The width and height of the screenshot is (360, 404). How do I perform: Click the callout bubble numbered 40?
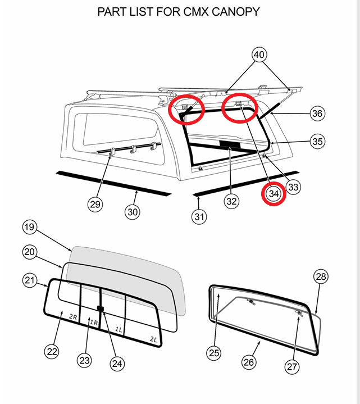pos(259,55)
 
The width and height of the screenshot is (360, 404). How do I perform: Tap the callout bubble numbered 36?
pos(317,113)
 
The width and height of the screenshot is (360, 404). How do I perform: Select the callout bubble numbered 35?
pos(317,142)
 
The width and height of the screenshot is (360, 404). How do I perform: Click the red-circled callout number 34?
pos(274,194)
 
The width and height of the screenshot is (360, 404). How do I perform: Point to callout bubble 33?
pos(292,186)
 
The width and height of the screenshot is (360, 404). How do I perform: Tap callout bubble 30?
pos(133,212)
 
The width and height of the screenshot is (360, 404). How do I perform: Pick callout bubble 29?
pos(95,204)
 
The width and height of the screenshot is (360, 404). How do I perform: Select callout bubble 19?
pos(29,228)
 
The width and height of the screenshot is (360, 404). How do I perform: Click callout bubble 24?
pos(117,364)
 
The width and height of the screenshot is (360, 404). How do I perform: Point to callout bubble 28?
pos(321,276)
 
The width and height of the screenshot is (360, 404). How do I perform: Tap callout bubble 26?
pos(249,362)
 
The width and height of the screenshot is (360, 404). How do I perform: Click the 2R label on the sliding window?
pos(73,316)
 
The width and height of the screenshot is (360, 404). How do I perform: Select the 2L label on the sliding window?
pos(154,339)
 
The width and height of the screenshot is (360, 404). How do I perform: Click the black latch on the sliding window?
pos(101,308)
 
